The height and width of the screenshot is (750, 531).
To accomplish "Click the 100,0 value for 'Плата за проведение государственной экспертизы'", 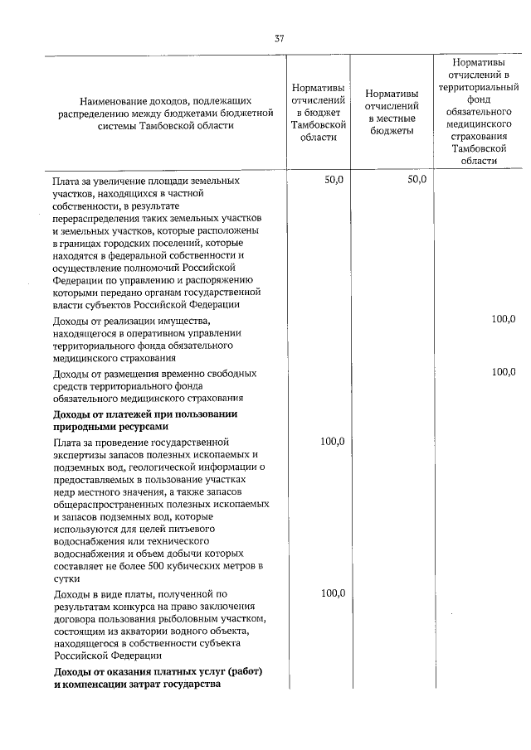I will (x=332, y=442).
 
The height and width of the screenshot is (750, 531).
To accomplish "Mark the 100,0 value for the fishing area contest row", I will (x=332, y=593).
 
